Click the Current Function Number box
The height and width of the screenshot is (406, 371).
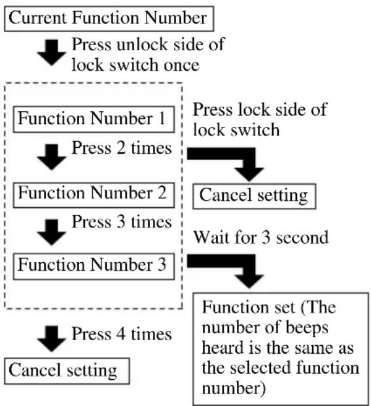[109, 19]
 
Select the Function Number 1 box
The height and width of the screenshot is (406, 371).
[94, 119]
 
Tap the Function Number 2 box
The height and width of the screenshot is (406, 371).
[94, 195]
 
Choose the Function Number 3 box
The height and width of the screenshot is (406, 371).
[94, 267]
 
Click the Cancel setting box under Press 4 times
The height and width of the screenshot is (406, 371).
[67, 371]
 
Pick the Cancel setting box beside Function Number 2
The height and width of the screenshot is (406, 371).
[255, 196]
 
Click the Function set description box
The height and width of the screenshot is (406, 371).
[281, 348]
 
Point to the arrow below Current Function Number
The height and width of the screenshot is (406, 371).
[52, 52]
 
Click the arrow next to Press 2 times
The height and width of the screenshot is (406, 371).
[52, 157]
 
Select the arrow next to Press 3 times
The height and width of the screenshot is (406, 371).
[52, 232]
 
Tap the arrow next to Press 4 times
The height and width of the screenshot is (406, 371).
[52, 339]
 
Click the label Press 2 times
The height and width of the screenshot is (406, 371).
[122, 148]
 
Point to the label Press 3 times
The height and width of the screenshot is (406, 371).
[122, 222]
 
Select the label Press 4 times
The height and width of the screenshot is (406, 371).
[122, 334]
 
